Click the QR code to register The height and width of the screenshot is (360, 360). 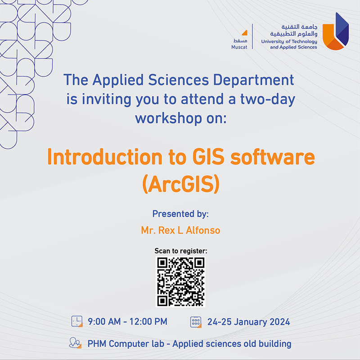[180, 282]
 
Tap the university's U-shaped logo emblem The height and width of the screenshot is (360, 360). [335, 31]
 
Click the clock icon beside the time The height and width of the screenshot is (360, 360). [77, 321]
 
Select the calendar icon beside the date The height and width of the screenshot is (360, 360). [196, 322]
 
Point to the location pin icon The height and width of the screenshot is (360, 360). [75, 343]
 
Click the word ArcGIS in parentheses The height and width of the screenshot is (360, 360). [181, 184]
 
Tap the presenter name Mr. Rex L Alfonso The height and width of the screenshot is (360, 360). [180, 230]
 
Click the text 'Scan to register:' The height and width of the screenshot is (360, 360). [181, 251]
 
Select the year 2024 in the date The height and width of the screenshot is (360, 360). [279, 322]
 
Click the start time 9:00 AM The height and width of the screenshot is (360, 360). [104, 322]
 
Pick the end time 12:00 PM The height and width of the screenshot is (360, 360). [148, 322]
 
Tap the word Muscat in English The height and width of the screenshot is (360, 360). [239, 47]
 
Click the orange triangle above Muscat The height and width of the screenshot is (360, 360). [245, 33]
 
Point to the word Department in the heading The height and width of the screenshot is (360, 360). [253, 81]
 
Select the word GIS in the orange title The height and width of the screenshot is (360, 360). [208, 157]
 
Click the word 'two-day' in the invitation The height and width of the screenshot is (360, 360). [267, 99]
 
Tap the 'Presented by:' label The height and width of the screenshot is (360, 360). [180, 214]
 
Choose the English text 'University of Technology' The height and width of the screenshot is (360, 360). [289, 41]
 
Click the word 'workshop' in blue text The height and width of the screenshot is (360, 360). [168, 118]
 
